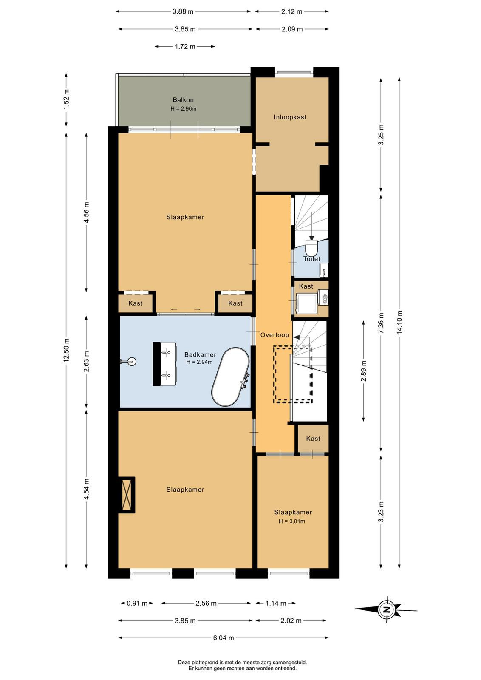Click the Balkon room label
click(x=183, y=99)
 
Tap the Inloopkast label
click(x=290, y=117)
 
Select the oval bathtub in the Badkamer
click(x=231, y=377)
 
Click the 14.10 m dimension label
click(x=399, y=322)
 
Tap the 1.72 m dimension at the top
click(x=185, y=47)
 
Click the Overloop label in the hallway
click(x=274, y=335)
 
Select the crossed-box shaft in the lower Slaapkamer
click(x=127, y=495)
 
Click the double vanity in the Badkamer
click(x=164, y=364)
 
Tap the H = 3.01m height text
click(x=291, y=521)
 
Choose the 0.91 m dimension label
click(x=137, y=603)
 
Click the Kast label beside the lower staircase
click(x=313, y=438)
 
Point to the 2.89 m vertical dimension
click(x=364, y=371)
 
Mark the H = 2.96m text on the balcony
click(x=183, y=108)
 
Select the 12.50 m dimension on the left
click(x=66, y=350)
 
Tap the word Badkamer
click(x=200, y=354)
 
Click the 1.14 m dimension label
click(x=275, y=603)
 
